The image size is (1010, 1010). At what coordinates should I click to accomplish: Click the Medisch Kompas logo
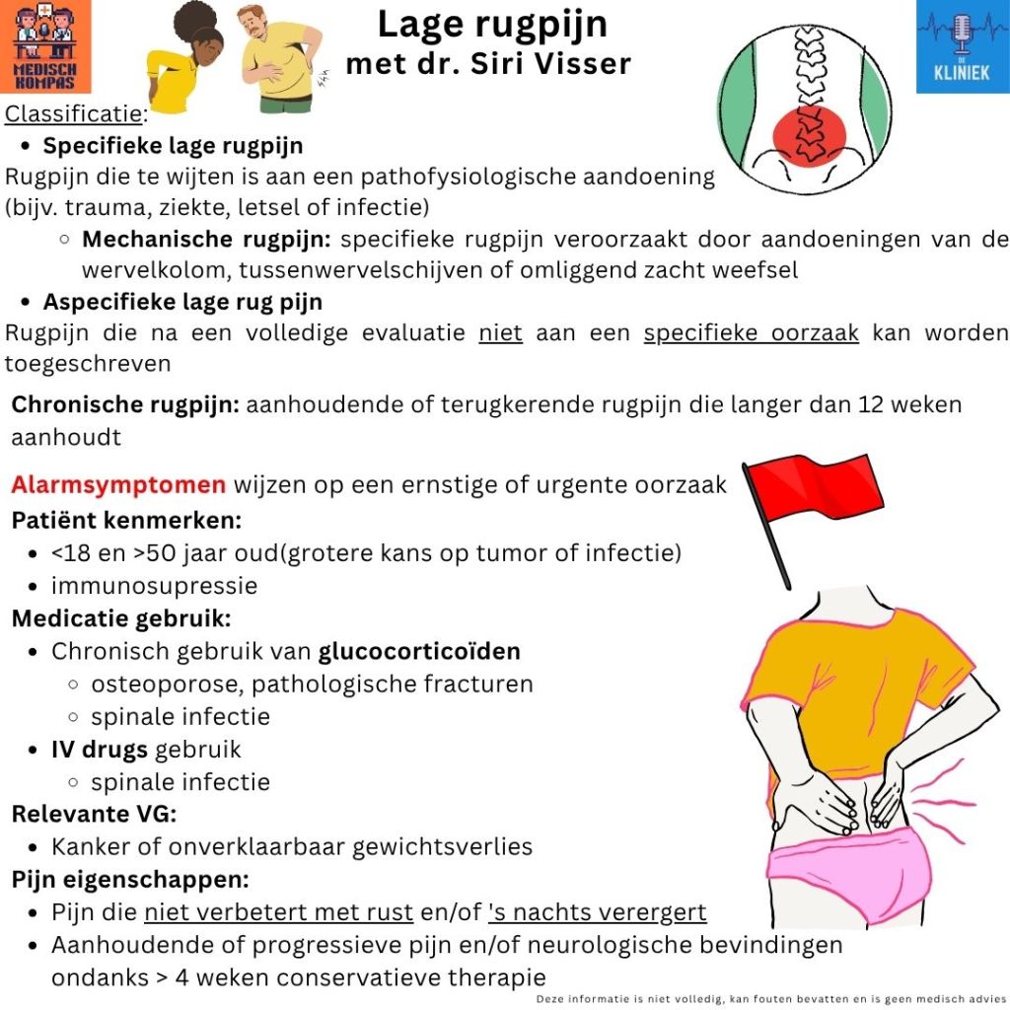46,46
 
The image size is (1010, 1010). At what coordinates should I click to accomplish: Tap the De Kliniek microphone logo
962,46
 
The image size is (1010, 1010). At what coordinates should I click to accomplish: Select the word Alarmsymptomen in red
118,485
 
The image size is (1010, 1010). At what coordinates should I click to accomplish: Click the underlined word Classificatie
74,113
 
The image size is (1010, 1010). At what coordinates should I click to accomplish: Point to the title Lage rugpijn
492,25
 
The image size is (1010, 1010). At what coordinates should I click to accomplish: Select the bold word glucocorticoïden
419,651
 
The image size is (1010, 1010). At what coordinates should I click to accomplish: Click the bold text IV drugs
99,750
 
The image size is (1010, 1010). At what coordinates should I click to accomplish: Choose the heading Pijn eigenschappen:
130,879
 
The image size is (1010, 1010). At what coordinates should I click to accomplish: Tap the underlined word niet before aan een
500,332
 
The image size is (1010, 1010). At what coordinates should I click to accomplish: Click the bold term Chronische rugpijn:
124,404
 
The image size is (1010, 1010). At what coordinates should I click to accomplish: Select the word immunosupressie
154,586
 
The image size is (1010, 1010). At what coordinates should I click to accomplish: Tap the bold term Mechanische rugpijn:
206,240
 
